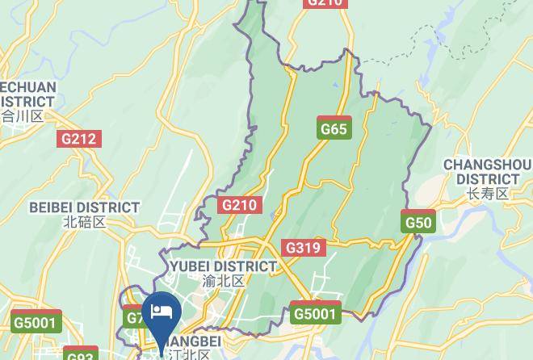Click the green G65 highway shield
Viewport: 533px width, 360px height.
334,128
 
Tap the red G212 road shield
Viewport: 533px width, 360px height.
79,139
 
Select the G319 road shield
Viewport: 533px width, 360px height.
303,248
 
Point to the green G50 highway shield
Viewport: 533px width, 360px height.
418,222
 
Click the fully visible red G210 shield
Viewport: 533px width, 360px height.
239,205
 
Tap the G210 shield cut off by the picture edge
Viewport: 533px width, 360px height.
325,3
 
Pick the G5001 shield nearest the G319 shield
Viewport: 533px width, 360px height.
315,313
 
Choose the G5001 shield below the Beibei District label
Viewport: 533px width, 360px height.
36,322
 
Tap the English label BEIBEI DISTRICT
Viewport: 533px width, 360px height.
84,207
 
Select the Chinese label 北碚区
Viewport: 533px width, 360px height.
84,222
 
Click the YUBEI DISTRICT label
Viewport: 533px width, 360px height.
223,266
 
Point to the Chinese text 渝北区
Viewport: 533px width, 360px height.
223,281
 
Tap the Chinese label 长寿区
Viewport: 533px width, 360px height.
487,194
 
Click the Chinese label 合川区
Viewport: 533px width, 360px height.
22,116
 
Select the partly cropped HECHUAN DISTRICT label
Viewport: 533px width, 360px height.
27,94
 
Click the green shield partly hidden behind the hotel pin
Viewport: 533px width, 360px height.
135,317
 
